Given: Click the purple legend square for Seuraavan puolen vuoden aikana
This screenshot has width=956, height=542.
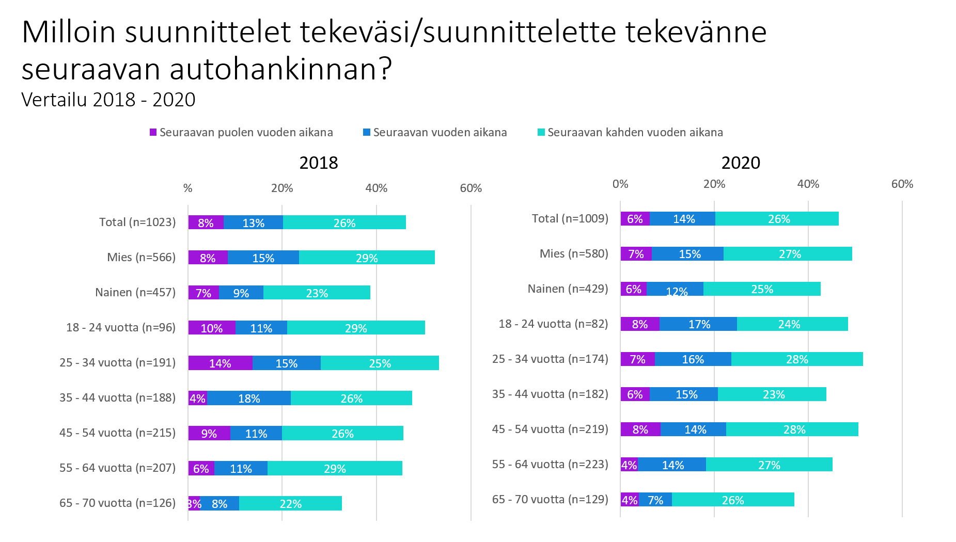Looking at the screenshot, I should coord(153,133).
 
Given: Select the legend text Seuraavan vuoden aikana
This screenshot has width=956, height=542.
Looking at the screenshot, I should coord(440,133).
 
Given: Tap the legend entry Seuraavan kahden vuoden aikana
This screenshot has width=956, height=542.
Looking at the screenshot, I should coord(635,133).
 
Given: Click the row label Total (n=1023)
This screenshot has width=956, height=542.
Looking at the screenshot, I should coord(137,222).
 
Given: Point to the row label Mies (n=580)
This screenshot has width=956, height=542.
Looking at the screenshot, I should coord(574,254).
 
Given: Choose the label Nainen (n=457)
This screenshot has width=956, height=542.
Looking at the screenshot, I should coord(135,293).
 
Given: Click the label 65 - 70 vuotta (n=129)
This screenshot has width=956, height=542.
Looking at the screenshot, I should coord(550,500).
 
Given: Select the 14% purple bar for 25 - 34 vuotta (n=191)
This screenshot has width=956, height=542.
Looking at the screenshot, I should coord(220,363).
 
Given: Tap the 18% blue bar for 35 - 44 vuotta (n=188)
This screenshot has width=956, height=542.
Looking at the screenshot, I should coord(249,398).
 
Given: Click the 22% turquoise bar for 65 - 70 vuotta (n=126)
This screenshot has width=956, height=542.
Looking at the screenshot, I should coord(290,504).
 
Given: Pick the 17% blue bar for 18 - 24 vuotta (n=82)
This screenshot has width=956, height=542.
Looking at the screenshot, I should coord(698,324).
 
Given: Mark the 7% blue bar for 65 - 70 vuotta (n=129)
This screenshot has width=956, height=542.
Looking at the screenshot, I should coord(655,500).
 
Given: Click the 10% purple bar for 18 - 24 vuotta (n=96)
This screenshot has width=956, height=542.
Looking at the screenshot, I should coord(211,328).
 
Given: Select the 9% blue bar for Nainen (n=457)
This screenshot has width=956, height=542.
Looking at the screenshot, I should coord(241,293).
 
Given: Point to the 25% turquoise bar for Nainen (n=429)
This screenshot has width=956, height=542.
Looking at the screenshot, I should coord(762,289).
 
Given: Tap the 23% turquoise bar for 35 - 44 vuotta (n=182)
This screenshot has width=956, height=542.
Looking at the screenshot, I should coord(773,394).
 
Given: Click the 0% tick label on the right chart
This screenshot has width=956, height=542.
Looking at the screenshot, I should coord(620,184).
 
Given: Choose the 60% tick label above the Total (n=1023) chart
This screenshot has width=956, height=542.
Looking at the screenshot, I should coord(471,188).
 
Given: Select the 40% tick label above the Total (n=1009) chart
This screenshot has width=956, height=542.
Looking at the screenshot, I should coord(808,184).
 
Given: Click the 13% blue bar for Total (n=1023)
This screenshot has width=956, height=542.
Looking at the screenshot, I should coord(253,223).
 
